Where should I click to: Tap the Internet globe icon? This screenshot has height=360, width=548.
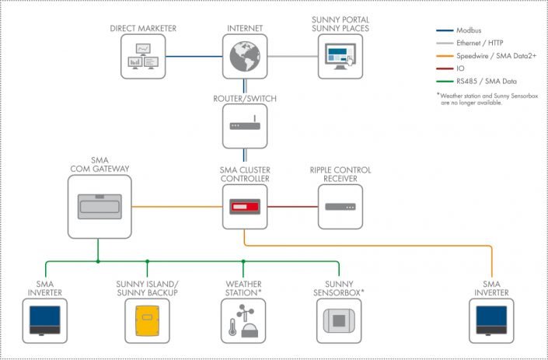point(245,56)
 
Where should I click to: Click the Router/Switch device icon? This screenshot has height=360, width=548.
point(245,126)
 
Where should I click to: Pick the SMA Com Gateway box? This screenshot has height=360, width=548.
point(99,206)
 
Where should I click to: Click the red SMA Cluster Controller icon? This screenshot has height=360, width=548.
point(245,207)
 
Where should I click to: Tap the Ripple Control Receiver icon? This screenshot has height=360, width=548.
point(340,207)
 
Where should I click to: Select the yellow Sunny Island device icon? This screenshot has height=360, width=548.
point(147,320)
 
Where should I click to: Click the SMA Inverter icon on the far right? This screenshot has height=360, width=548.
point(492,320)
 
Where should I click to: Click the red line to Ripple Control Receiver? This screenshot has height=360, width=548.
point(293,207)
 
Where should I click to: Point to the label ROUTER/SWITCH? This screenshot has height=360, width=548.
point(245,99)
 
